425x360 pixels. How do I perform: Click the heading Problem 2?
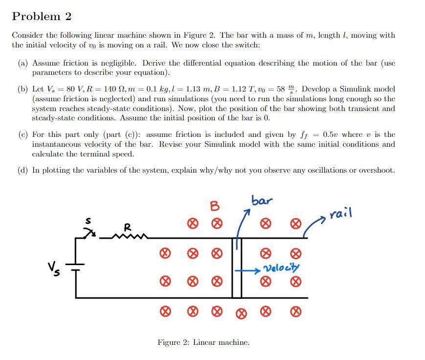[42, 17]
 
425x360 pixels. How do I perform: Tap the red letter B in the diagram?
[214, 206]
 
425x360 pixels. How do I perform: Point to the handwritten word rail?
[340, 214]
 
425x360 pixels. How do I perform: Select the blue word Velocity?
[281, 268]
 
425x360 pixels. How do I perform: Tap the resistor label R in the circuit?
[127, 227]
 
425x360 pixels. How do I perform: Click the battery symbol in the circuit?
[76, 267]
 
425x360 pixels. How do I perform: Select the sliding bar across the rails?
[237, 268]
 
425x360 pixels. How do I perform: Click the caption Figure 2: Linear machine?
[203, 342]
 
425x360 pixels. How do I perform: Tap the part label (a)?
[22, 63]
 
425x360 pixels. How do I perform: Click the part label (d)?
[22, 170]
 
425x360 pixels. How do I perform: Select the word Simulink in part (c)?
[281, 144]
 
